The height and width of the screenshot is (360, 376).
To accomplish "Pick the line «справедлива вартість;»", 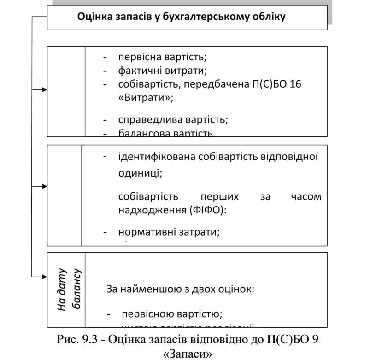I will click(x=173, y=119).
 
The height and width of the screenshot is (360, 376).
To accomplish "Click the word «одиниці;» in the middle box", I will click(x=140, y=173).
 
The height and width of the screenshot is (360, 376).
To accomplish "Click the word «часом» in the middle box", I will click(x=306, y=197).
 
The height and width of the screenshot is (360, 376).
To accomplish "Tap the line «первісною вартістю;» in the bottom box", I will click(x=172, y=314).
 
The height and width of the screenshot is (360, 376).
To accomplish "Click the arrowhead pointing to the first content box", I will click(x=44, y=90).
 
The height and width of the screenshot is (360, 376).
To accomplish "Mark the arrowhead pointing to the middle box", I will click(x=44, y=186).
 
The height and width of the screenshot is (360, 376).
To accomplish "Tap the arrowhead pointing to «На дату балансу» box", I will click(x=44, y=277).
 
